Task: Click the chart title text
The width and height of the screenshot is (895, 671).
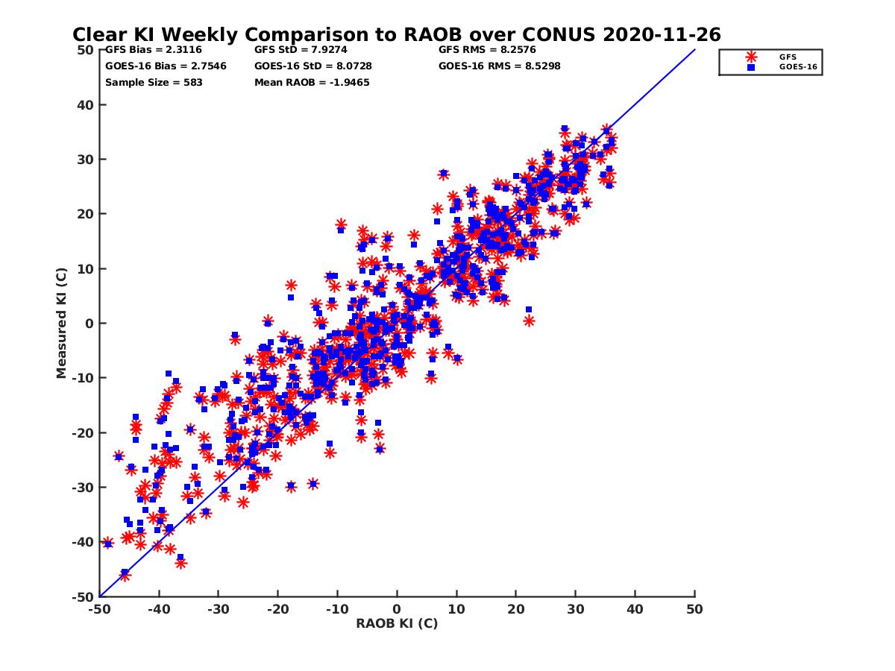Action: point(396,34)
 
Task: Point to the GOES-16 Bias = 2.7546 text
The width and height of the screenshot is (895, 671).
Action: point(166,66)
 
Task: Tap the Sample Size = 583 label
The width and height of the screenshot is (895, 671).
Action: point(154,82)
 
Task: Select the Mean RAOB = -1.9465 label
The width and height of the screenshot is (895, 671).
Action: point(312,82)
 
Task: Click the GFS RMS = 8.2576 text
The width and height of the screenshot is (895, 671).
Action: point(487,50)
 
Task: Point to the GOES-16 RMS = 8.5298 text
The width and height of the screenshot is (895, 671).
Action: point(499,66)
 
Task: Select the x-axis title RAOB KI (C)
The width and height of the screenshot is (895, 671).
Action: point(397,623)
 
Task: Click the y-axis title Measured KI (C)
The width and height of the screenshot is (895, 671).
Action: point(62,324)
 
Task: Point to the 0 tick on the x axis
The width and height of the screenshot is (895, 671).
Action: point(397,608)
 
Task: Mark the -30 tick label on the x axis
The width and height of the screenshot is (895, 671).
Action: point(218,608)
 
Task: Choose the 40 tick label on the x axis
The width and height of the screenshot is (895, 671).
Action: point(635,608)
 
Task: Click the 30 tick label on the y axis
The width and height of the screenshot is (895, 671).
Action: point(86,160)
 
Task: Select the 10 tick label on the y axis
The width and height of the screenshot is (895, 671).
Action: point(86,269)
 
